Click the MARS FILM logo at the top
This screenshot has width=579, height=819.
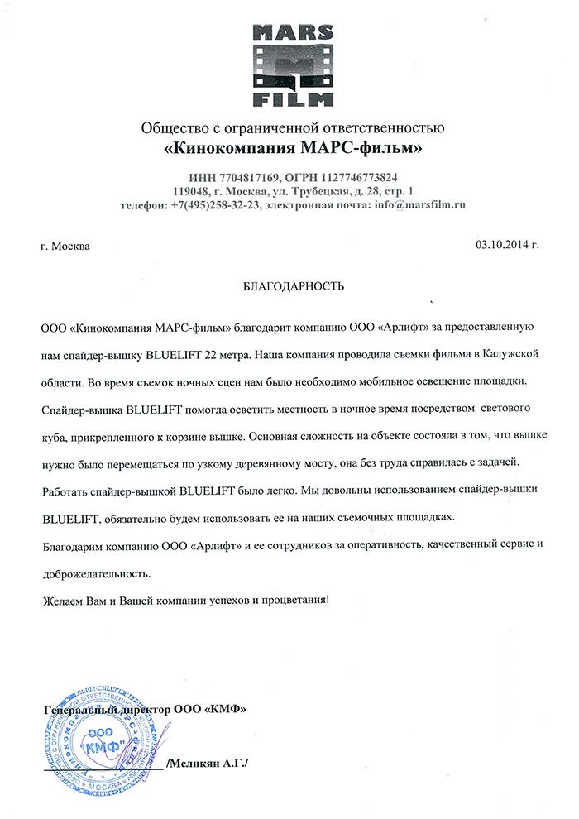tap(294, 66)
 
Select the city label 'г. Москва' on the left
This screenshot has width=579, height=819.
tap(67, 246)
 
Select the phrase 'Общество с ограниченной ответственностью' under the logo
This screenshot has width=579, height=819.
tap(294, 128)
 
